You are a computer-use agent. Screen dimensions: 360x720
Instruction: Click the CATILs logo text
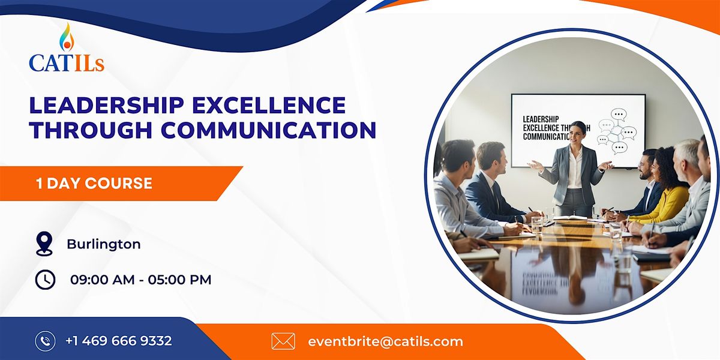(67, 62)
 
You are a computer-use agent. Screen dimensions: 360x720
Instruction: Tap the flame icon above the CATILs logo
(65, 37)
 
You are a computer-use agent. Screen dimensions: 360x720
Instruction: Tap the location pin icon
(44, 244)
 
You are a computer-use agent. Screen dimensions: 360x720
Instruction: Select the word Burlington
(104, 244)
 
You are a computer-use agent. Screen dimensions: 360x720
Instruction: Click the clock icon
(45, 279)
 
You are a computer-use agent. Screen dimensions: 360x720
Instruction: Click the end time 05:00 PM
(178, 280)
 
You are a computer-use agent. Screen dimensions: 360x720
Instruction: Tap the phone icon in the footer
(45, 341)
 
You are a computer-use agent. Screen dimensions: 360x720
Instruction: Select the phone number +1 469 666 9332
(119, 341)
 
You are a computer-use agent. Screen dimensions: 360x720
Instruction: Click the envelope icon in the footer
(283, 341)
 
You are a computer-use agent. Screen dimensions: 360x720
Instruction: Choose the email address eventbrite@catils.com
(385, 341)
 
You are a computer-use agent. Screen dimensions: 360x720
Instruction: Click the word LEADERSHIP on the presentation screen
(541, 119)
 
